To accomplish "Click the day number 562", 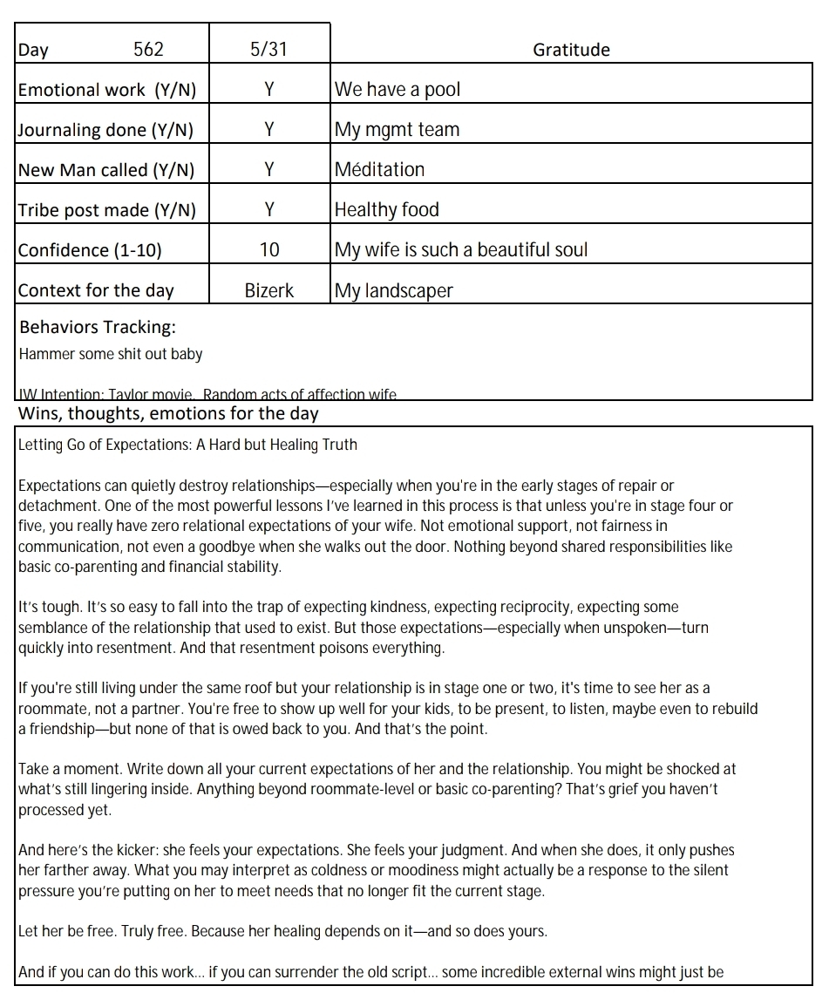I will pos(148,50).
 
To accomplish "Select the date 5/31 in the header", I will pos(268,50).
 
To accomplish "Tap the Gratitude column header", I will pos(571,50).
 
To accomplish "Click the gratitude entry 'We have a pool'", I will pos(398,90).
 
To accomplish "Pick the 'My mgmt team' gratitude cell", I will pos(397,130).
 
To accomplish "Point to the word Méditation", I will pos(380,170).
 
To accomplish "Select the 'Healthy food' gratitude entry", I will pos(387,210).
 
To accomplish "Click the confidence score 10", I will pos(269,250).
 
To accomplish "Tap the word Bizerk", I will pos(269,290).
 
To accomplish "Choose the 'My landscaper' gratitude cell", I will pos(394,290).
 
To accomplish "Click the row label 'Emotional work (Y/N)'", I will pos(107,90).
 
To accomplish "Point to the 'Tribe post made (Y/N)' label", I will pos(107,210).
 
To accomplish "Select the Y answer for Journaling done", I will pos(269,130).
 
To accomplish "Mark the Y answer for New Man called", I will pos(269,170).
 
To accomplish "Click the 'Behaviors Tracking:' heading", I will pos(98,328).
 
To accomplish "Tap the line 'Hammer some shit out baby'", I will pos(111,354).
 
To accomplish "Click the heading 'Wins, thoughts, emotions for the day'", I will pos(168,413).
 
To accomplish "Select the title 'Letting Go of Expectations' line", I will pos(187,445).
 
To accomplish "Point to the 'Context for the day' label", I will pos(96,290).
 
